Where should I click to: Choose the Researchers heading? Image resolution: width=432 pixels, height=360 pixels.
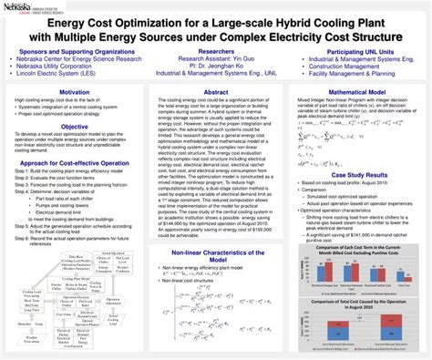(x=215, y=54)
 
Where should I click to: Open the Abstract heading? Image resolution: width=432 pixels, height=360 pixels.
(x=216, y=93)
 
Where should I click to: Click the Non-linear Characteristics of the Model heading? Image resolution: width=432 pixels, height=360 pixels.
(x=216, y=256)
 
